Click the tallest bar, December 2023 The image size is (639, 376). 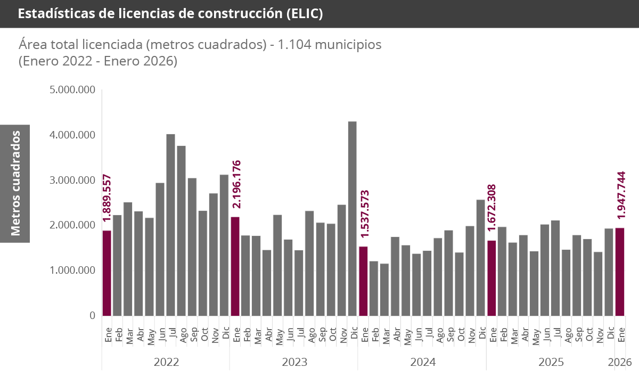[x=352, y=218]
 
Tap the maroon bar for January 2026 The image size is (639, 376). [x=620, y=272]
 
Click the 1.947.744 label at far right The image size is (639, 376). [x=620, y=194]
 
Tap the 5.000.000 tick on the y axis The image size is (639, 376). [x=72, y=89]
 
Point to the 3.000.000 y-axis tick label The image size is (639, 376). [x=72, y=180]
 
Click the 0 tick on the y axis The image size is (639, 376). [x=92, y=316]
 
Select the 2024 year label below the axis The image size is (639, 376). [x=423, y=363]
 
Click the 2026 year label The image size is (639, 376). [x=620, y=363]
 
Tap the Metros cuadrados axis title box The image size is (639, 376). [x=15, y=183]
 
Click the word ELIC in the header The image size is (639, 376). [x=304, y=14]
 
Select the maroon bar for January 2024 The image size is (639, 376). [x=363, y=281]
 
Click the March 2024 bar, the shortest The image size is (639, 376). [x=384, y=290]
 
